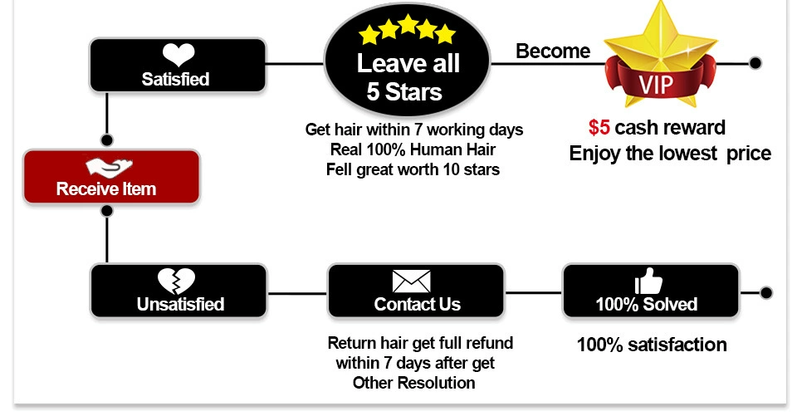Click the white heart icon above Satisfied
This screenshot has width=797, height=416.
point(178,56)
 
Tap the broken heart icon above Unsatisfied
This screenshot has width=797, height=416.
point(177,281)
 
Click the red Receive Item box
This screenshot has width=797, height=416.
point(111,177)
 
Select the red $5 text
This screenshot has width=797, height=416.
point(599,128)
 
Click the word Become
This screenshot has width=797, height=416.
point(553,51)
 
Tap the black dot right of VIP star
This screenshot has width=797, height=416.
point(755,63)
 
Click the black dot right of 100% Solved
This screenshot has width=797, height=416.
point(766,292)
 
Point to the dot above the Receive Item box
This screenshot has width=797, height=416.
point(106,139)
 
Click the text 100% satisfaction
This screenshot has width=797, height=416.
point(652,345)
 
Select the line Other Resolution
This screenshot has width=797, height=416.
point(413,383)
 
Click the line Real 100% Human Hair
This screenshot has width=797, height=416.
point(413,150)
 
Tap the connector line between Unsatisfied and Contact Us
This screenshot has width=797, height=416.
point(297,293)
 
